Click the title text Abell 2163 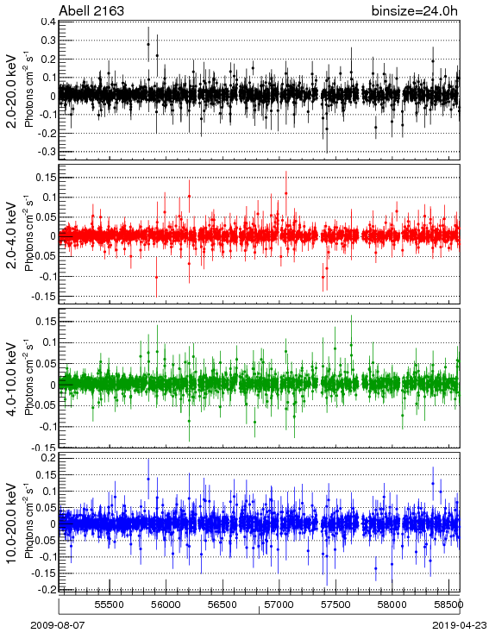(91, 10)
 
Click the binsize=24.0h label (415, 10)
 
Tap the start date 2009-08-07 (58, 625)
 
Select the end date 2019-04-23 (460, 625)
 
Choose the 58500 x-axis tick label (448, 605)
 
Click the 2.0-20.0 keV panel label (13, 91)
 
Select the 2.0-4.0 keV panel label (13, 235)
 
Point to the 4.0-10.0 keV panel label (13, 379)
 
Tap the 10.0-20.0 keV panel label (13, 523)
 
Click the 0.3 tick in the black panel (48, 40)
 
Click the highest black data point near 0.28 (148, 44)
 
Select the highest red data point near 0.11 (285, 193)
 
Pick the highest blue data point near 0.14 (148, 479)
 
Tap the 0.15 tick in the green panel (46, 322)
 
